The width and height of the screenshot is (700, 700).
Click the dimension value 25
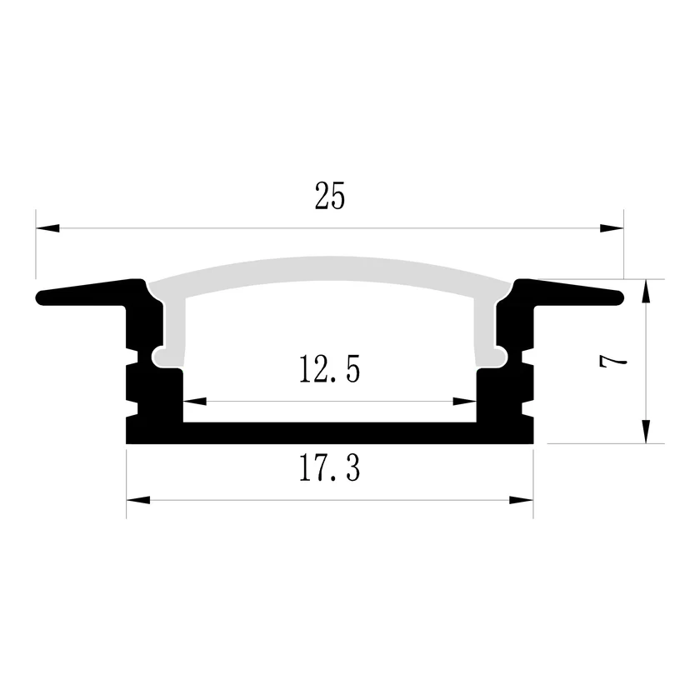329,196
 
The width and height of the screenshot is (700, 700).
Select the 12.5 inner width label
329,368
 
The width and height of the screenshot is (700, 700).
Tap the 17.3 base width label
329,467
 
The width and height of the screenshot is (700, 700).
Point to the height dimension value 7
613,361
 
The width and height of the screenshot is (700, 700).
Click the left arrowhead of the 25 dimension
47,228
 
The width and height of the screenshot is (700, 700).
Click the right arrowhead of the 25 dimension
612,228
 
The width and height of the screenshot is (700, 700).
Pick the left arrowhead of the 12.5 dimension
195,402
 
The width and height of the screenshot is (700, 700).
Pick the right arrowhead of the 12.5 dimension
464,402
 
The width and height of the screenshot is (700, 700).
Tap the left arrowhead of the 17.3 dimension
138,500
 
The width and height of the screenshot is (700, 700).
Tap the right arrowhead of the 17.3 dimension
521,500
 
